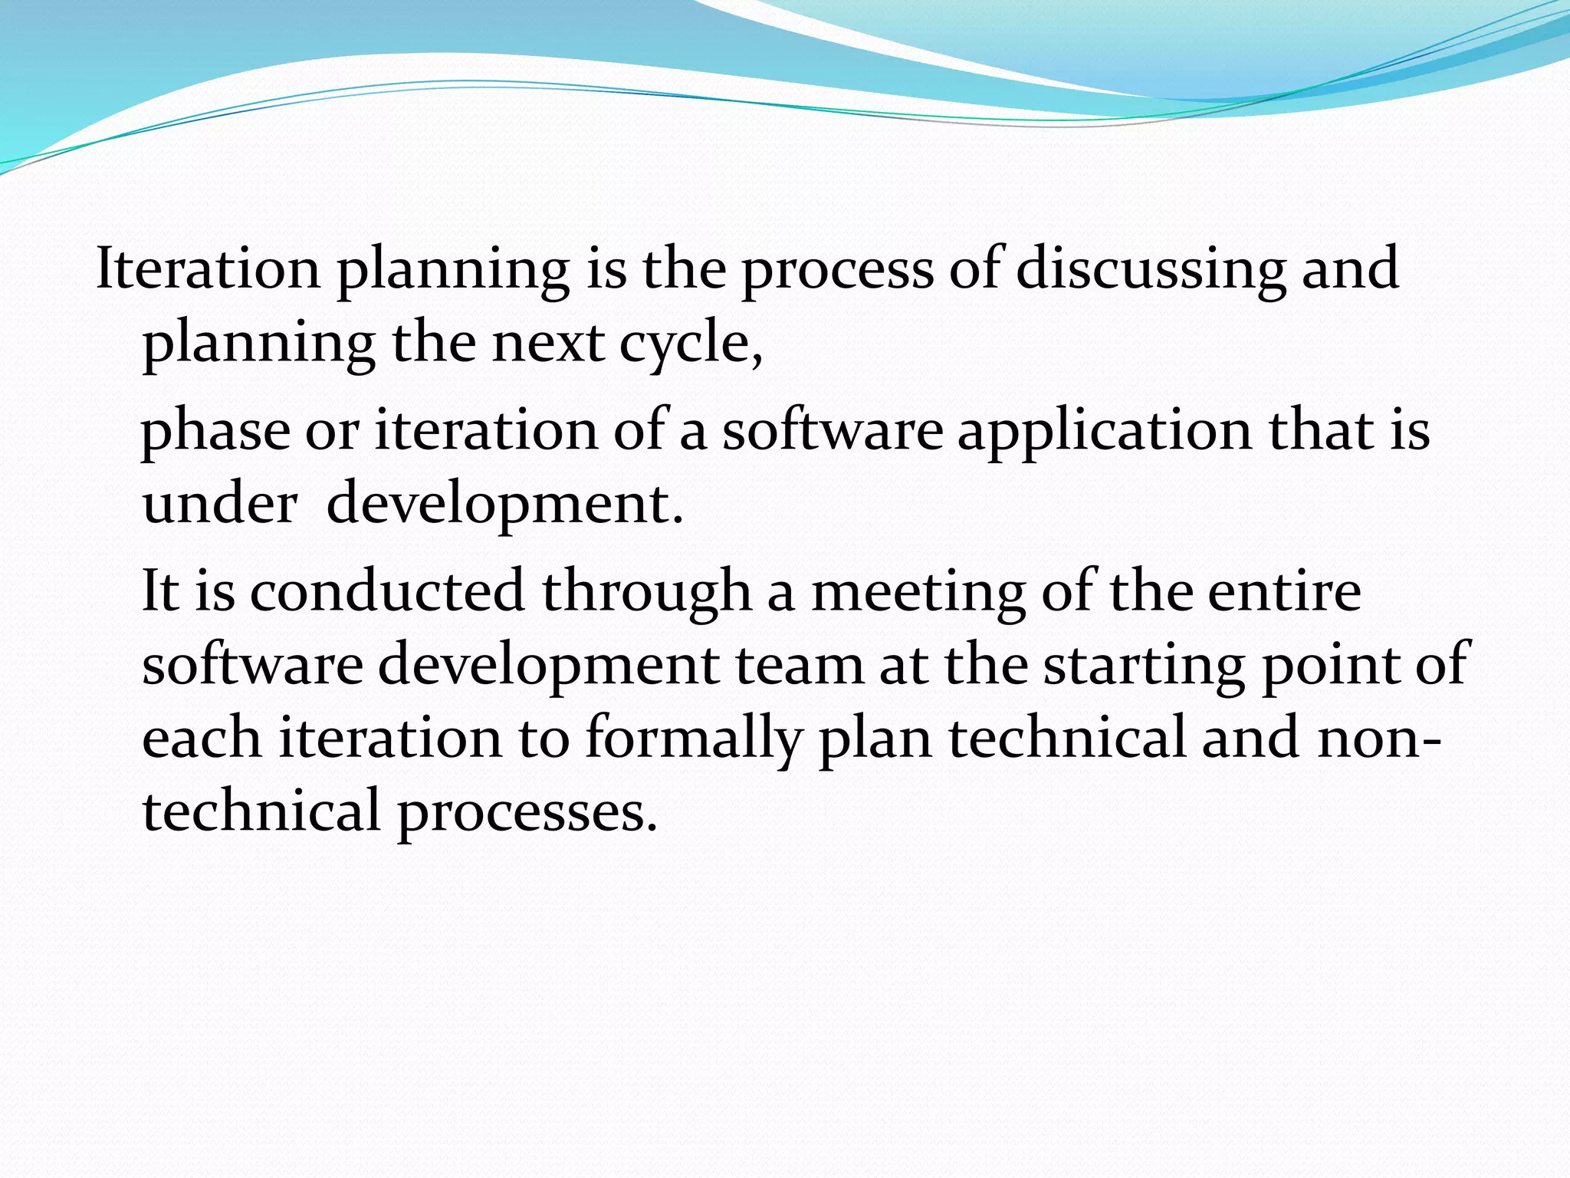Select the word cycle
(689, 343)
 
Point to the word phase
(215, 431)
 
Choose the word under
(220, 504)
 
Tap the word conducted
(387, 591)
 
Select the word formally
(694, 738)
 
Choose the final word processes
(527, 812)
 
